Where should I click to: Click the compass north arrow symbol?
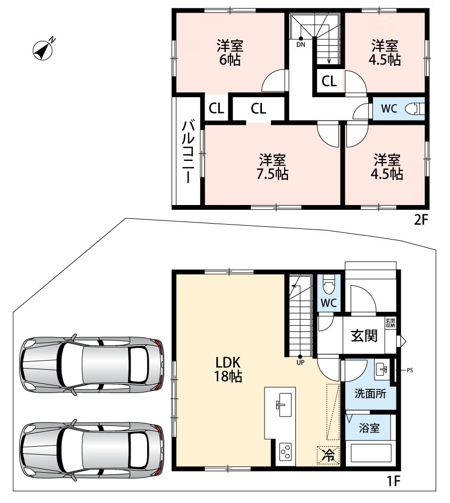44,50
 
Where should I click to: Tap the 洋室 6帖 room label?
230,53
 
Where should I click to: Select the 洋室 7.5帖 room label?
272,167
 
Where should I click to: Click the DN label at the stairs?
301,45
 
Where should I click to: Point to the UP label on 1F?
300,362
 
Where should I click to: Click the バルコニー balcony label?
188,151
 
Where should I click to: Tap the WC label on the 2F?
389,108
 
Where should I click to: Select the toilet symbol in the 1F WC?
328,285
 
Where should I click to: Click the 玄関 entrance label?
364,336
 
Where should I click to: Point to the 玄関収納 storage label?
390,323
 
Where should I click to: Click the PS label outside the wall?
410,370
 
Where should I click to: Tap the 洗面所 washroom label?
370,394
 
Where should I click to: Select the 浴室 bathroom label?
369,428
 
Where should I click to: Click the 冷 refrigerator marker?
328,455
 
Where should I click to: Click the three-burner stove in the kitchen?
285,452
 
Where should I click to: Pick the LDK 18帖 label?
228,369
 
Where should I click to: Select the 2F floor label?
421,220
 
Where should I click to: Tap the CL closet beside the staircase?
329,81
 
